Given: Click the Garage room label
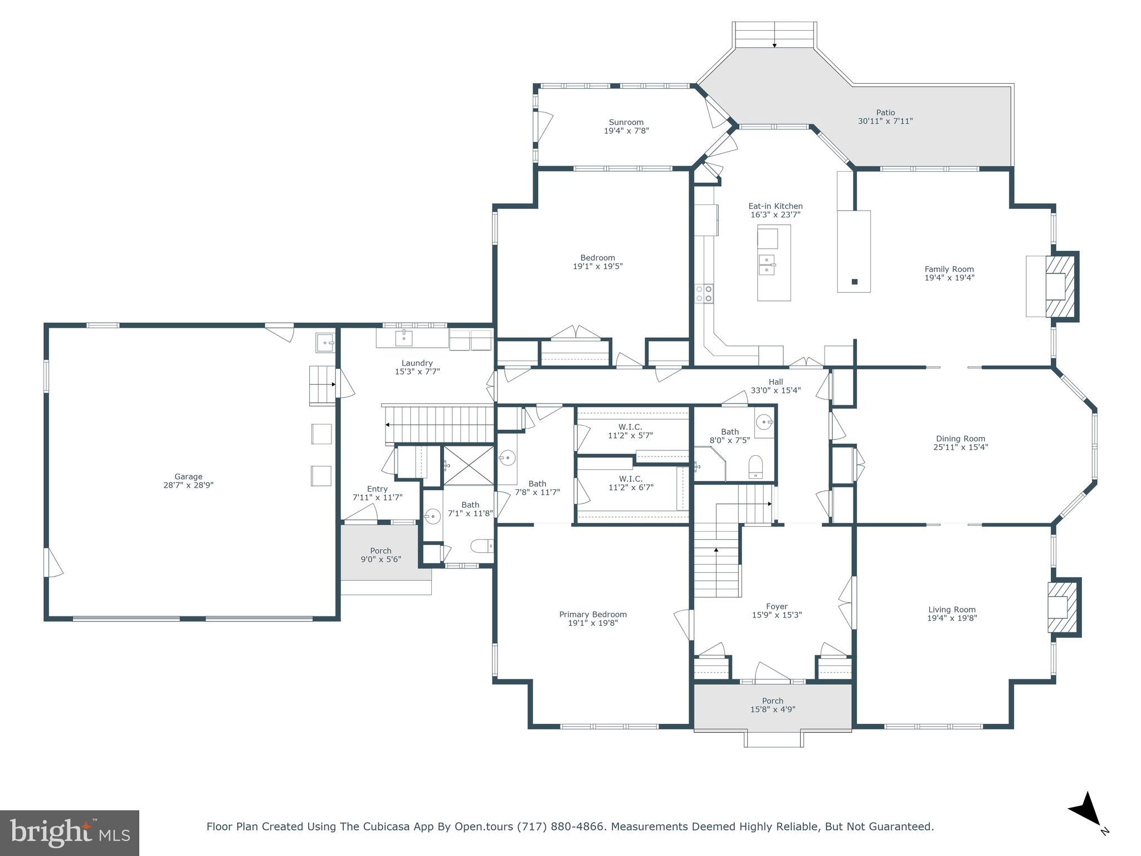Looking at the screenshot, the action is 188,476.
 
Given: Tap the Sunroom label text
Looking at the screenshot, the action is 626,122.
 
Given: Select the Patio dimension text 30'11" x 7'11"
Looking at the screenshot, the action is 885,121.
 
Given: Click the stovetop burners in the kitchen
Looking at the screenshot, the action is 704,294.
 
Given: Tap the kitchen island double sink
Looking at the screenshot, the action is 767,265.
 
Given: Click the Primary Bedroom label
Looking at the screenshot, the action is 593,614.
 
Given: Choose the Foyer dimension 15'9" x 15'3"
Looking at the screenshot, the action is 777,615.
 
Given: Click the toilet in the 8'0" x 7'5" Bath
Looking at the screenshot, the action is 755,466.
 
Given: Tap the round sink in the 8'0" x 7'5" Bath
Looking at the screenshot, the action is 764,422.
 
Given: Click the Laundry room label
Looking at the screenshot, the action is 417,363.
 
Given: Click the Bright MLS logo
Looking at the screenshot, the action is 70,833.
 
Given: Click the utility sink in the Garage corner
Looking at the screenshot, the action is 325,342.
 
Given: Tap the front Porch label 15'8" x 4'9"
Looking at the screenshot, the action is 773,705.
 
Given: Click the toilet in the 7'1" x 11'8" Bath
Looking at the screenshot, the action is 481,546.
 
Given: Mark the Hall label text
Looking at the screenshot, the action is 776,382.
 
